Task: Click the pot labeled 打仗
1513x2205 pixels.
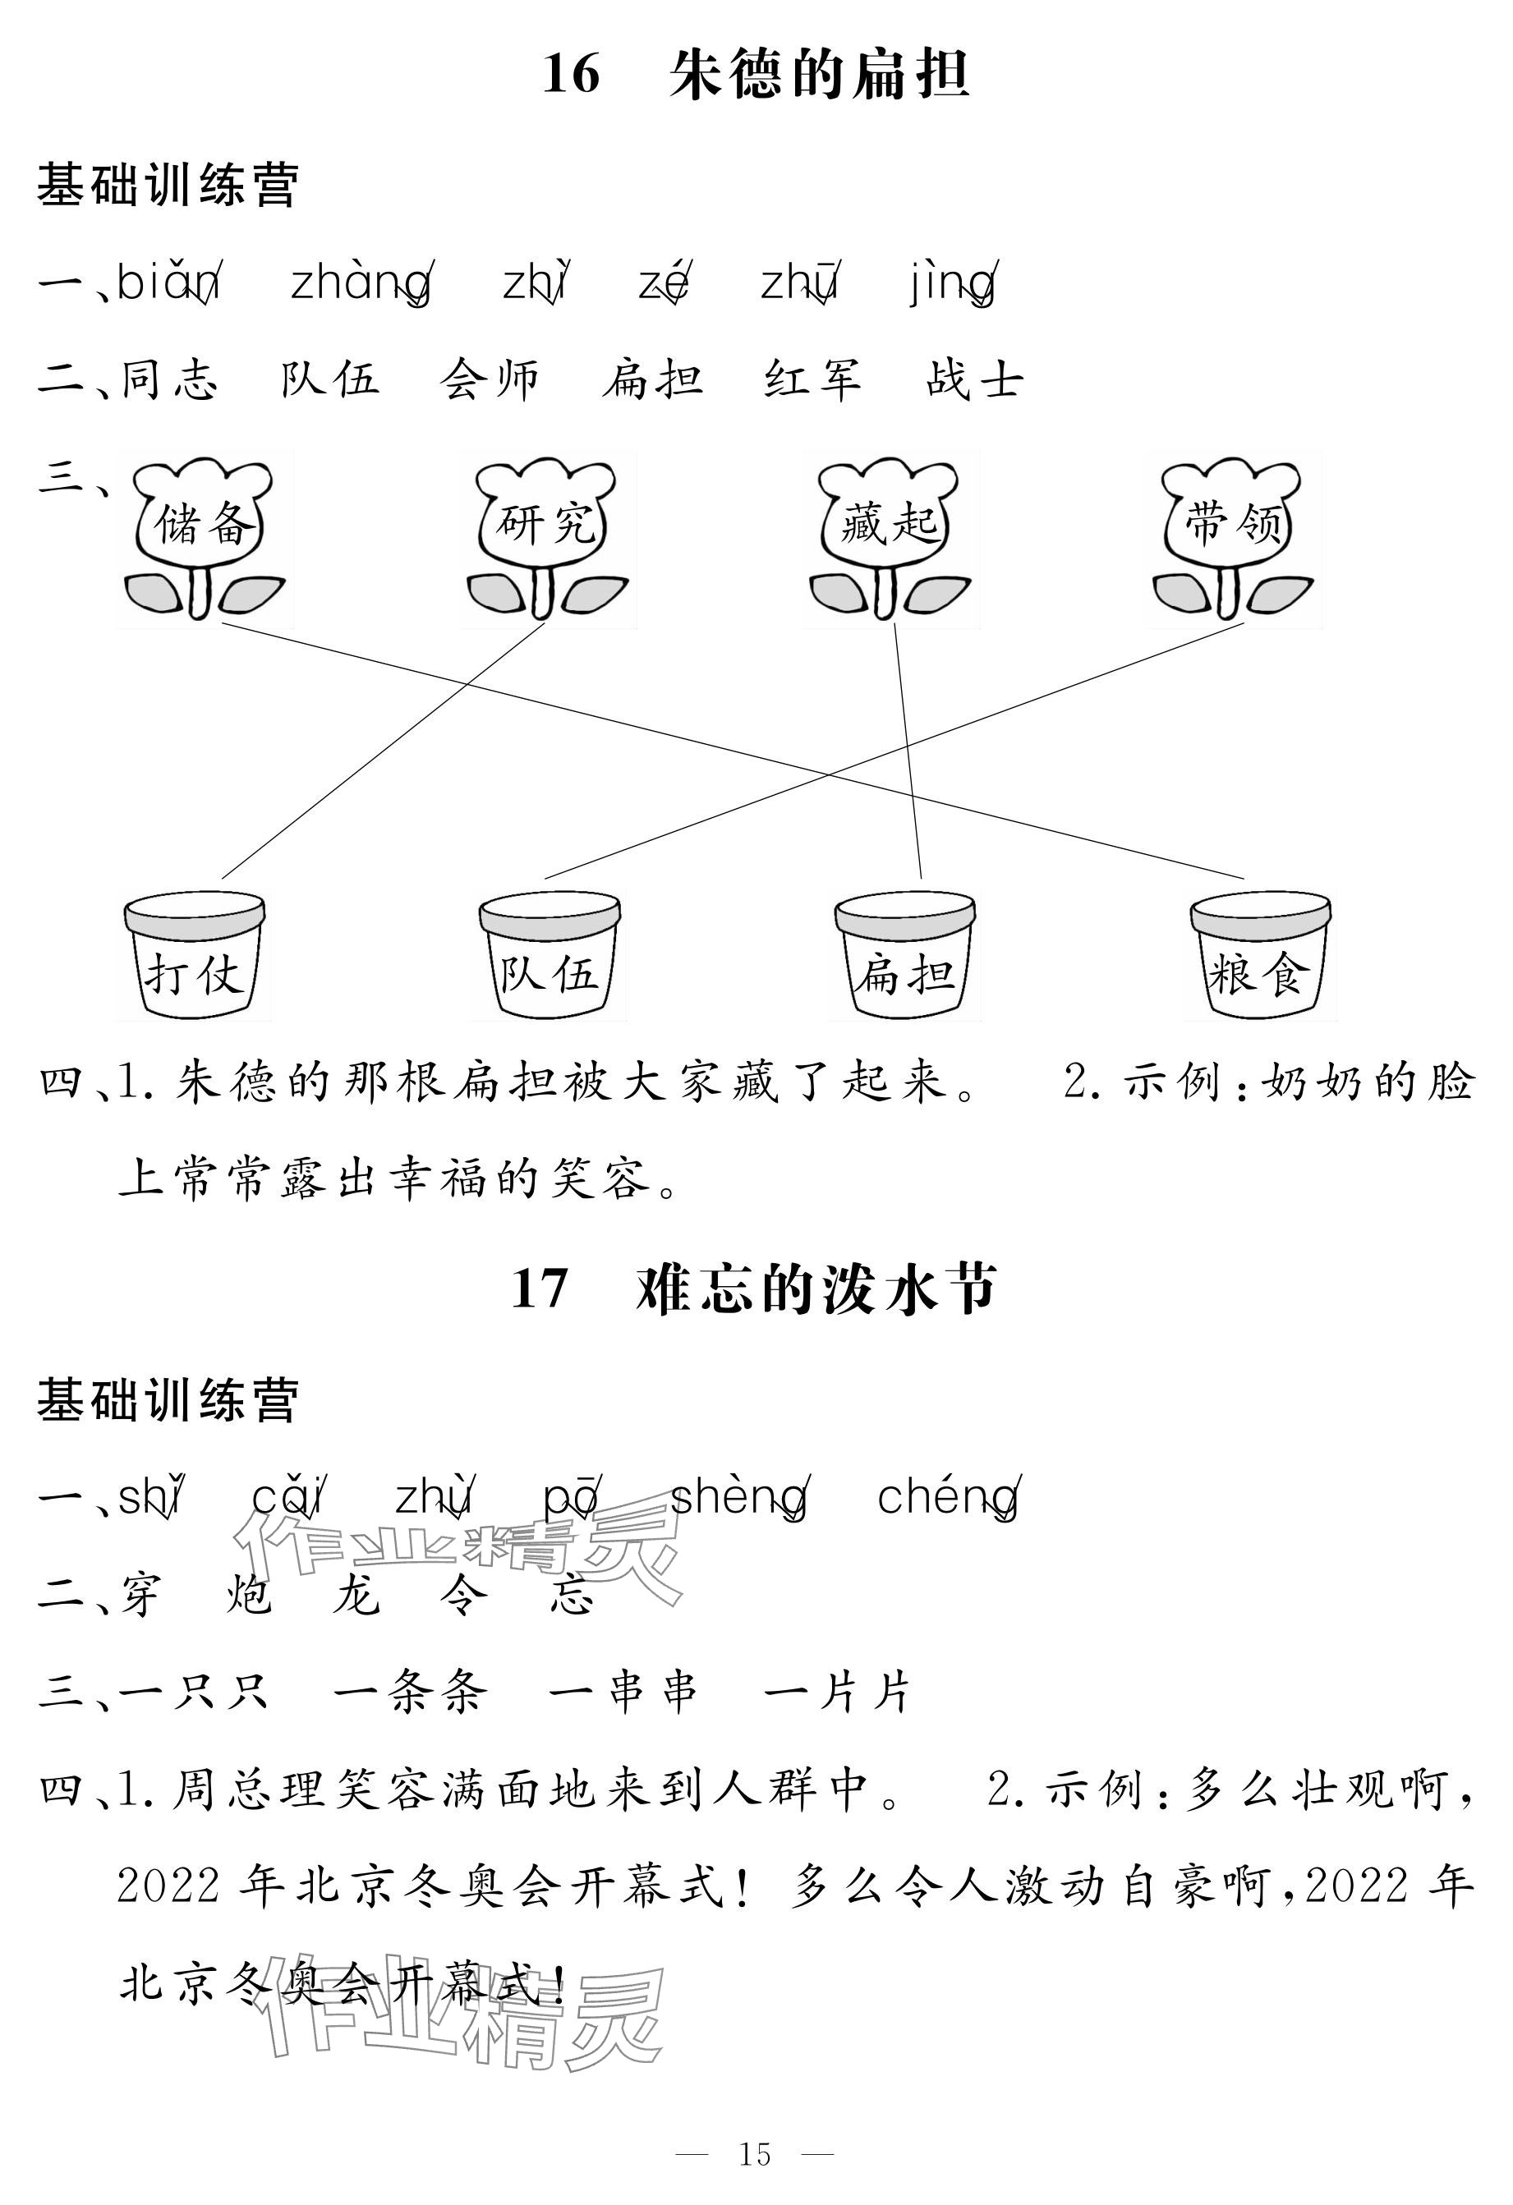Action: tap(194, 957)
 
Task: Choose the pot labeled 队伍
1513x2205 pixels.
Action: tap(550, 957)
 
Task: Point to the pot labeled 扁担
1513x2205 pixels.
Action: tap(904, 957)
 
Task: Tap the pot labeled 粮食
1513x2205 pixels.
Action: tap(1259, 957)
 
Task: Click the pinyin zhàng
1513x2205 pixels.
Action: tap(360, 283)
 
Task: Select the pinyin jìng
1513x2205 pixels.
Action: tap(952, 283)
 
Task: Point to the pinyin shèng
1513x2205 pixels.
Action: tap(739, 1497)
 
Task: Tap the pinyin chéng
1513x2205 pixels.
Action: tap(947, 1497)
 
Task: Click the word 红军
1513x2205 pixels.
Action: tap(813, 379)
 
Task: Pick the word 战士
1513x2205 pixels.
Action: tap(975, 379)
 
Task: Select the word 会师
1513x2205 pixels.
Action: tap(490, 379)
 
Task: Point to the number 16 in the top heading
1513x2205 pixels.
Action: tap(572, 74)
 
